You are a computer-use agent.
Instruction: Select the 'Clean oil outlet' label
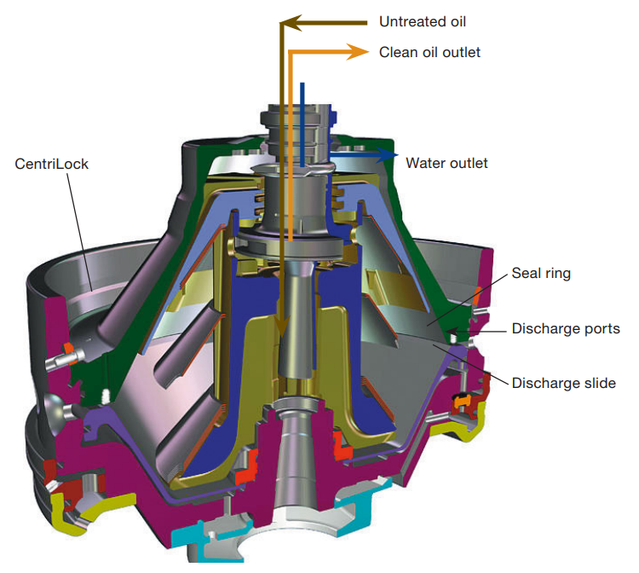point(429,52)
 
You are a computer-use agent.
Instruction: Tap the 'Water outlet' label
point(446,163)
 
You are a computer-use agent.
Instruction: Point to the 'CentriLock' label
point(51,163)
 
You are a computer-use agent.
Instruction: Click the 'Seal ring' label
point(541,274)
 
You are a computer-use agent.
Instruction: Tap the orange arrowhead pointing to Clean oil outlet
point(358,52)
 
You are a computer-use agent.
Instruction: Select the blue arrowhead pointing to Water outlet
point(390,155)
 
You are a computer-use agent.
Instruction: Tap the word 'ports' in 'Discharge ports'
point(601,328)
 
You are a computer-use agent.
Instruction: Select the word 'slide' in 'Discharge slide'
point(598,383)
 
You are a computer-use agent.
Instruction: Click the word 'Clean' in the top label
point(397,52)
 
